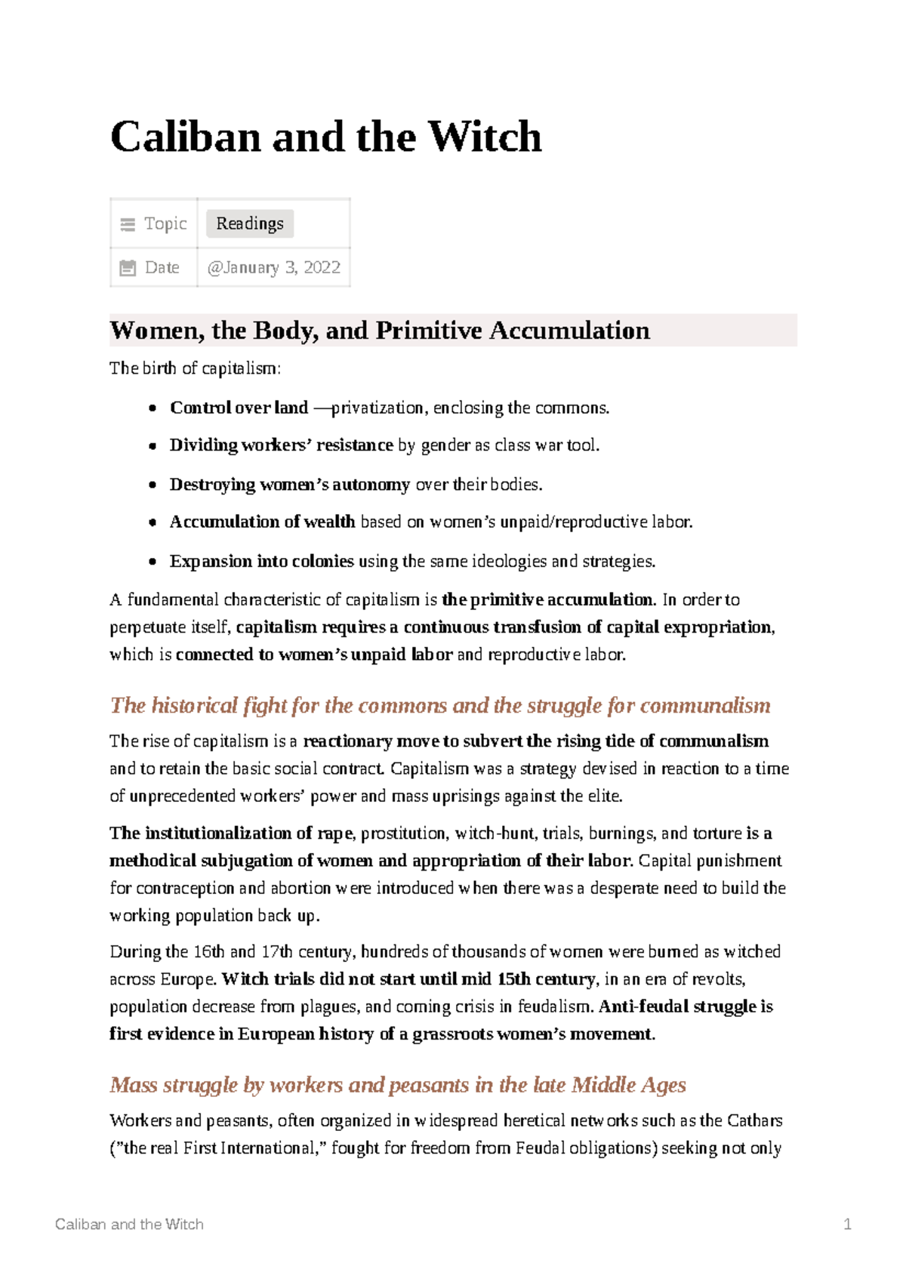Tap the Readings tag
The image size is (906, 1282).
pyautogui.click(x=250, y=223)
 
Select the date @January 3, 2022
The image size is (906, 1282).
pyautogui.click(x=273, y=267)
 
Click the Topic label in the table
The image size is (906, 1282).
pyautogui.click(x=165, y=223)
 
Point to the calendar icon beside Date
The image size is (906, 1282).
pyautogui.click(x=128, y=267)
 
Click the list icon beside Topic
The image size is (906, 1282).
pyautogui.click(x=128, y=224)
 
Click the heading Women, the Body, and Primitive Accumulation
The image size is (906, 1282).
pyautogui.click(x=379, y=331)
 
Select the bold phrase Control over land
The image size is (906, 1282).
pyautogui.click(x=239, y=408)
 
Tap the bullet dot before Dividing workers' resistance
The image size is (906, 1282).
pyautogui.click(x=153, y=446)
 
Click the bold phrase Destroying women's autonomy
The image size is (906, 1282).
pyautogui.click(x=289, y=485)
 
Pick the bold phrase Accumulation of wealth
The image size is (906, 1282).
pyautogui.click(x=262, y=522)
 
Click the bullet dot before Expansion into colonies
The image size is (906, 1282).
pyautogui.click(x=153, y=562)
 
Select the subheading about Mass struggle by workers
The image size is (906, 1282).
pyautogui.click(x=397, y=1085)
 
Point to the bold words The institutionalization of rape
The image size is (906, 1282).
pyautogui.click(x=230, y=834)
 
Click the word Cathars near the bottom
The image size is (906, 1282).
pyautogui.click(x=754, y=1120)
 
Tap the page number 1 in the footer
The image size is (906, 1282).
pyautogui.click(x=847, y=1225)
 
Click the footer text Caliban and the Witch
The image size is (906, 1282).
pyautogui.click(x=129, y=1225)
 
